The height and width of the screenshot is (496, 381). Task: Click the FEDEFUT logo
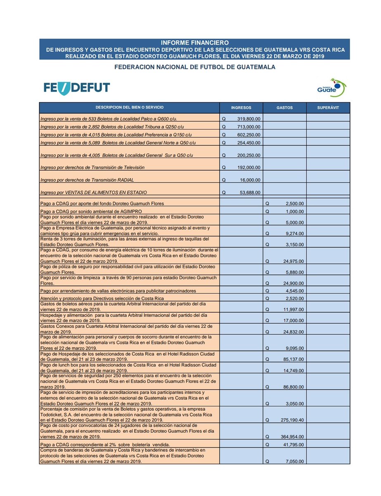click(x=77, y=87)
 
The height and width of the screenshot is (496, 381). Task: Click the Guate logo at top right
click(x=329, y=87)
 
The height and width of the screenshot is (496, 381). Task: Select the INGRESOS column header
click(x=241, y=108)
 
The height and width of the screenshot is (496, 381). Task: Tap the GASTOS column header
click(x=284, y=108)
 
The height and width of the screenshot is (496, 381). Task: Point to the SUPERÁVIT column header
click(x=328, y=108)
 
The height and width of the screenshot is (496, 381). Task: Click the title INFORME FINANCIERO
click(x=194, y=43)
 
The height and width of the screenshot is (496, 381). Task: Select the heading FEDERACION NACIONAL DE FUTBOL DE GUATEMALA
click(x=194, y=66)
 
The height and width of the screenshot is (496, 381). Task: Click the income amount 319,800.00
click(x=248, y=119)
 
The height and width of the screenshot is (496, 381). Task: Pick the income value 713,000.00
click(x=248, y=127)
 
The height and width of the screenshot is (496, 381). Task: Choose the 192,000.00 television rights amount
click(x=248, y=168)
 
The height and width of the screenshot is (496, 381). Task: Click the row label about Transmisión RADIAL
click(x=87, y=180)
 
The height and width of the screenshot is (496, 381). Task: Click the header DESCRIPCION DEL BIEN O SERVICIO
click(x=129, y=108)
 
